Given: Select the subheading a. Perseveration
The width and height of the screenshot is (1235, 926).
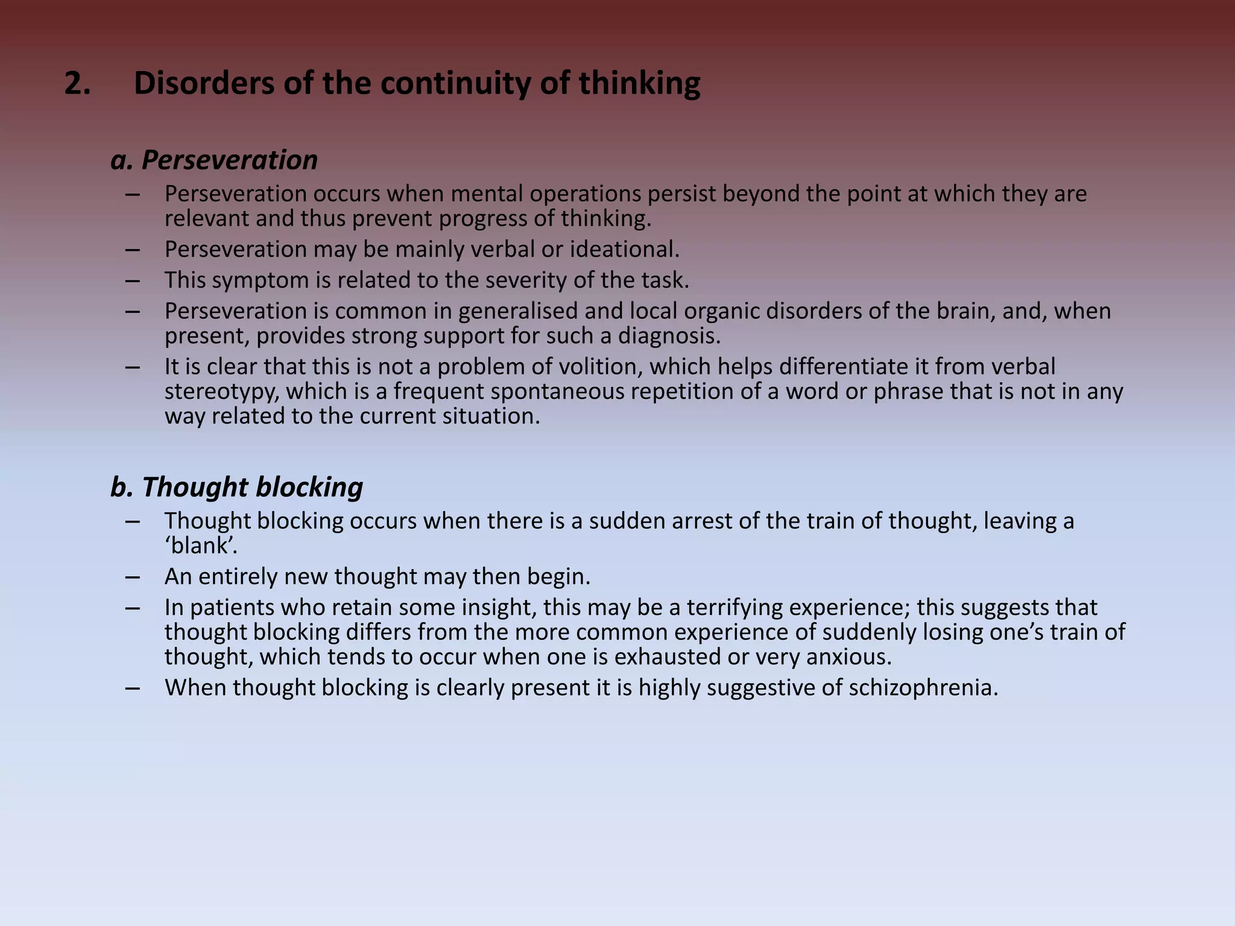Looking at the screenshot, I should coord(214,160).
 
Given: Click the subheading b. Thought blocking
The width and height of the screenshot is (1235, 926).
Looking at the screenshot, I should coord(236,487).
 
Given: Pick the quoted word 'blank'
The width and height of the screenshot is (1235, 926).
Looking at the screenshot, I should coord(201,546).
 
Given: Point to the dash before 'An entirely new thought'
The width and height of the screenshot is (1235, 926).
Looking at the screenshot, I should coord(133,577).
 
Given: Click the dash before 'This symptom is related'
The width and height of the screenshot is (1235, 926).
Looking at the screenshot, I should coord(133,280).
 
